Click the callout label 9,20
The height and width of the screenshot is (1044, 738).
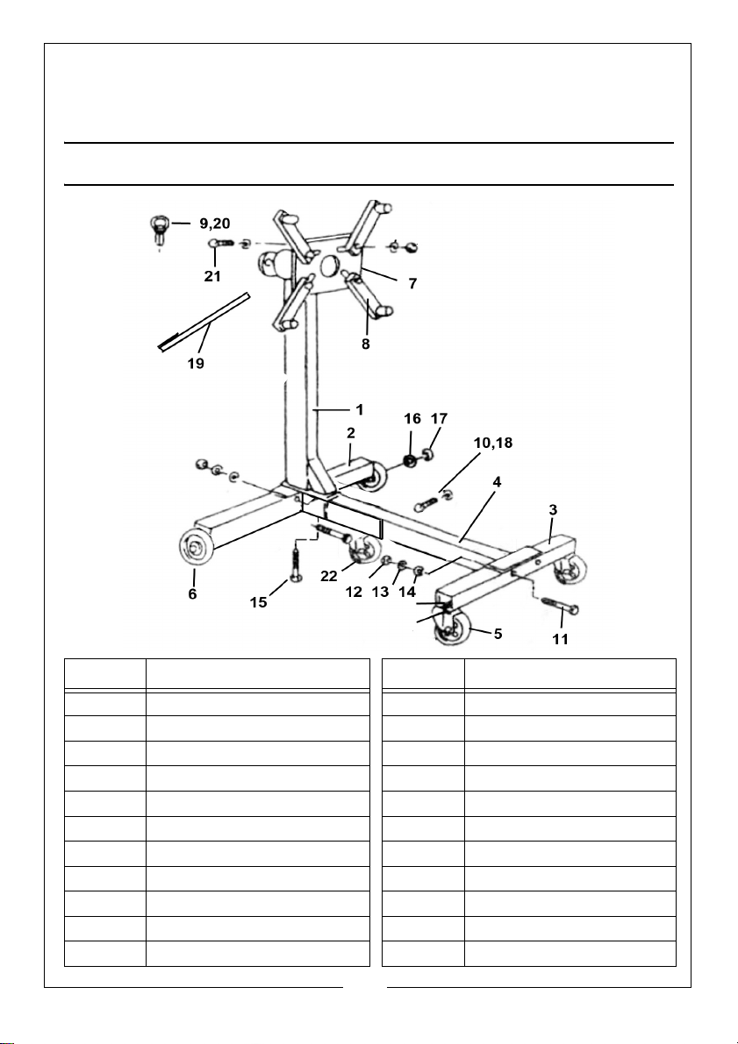(215, 224)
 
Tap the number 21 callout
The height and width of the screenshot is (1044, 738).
(212, 276)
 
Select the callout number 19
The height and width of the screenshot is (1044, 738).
(196, 364)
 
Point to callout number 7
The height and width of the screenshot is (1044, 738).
(412, 284)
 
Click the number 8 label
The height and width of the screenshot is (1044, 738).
(365, 344)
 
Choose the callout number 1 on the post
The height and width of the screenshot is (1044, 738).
(359, 409)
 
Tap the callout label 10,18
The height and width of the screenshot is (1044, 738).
(493, 443)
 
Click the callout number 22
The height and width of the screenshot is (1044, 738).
(329, 577)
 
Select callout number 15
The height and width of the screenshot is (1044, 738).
(259, 602)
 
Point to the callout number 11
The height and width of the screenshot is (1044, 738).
(561, 639)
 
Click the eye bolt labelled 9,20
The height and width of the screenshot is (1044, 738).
(160, 229)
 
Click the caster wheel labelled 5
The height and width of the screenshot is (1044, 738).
(451, 627)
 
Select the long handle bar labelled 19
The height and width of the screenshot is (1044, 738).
(204, 322)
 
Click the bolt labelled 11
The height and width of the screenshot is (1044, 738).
(560, 606)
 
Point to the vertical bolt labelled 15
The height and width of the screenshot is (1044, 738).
(296, 562)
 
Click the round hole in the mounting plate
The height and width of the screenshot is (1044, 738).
(330, 266)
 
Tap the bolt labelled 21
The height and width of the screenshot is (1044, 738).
(222, 243)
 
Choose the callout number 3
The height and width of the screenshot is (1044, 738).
(553, 510)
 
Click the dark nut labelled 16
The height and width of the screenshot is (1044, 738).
(409, 461)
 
